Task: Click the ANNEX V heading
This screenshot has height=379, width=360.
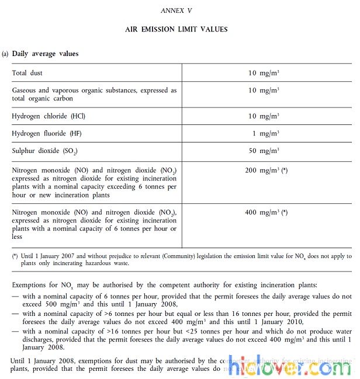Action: click(176, 11)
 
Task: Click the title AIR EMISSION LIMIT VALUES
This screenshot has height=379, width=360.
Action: click(176, 29)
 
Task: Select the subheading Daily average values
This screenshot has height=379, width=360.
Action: click(45, 54)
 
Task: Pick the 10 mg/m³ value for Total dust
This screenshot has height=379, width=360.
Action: click(264, 73)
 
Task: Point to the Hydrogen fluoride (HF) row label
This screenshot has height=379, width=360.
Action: click(47, 134)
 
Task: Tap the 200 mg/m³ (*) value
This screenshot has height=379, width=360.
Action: click(266, 171)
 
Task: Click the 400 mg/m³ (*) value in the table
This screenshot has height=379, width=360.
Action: click(266, 213)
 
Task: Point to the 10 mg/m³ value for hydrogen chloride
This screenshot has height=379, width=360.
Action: click(264, 116)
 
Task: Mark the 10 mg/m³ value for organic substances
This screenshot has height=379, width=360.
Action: click(264, 91)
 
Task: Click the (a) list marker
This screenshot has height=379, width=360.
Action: click(5, 54)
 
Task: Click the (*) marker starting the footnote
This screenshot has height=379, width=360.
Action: click(15, 256)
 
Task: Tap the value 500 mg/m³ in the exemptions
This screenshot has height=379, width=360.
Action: click(56, 305)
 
